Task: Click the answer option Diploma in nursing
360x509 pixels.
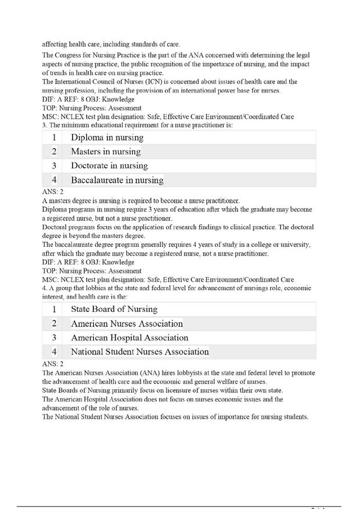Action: coord(107,138)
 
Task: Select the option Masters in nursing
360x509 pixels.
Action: coord(106,152)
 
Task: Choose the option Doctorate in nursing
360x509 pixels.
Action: coord(109,166)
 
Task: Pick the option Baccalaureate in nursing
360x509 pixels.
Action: coord(117,180)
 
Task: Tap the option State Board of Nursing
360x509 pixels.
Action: coord(114,309)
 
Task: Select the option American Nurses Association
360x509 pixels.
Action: coord(127,323)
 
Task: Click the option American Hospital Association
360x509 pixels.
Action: coord(129,338)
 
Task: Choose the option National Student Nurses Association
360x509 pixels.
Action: coord(140,352)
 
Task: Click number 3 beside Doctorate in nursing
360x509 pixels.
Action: coord(53,166)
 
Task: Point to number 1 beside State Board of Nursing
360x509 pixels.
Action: coord(53,309)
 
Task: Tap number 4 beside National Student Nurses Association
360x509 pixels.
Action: coord(53,352)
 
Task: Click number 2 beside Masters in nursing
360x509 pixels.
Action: coord(53,152)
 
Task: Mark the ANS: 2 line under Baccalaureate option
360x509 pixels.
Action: coord(52,191)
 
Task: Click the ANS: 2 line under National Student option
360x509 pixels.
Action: coord(52,362)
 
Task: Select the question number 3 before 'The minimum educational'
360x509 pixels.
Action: coord(44,125)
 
